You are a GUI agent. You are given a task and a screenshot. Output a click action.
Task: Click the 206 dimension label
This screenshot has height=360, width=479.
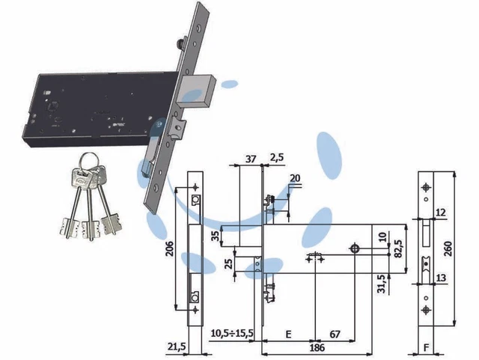pos(170,248)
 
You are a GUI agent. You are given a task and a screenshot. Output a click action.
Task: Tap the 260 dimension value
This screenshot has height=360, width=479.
pos(448,248)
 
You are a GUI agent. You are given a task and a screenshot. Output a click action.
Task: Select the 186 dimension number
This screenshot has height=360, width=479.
pos(317,348)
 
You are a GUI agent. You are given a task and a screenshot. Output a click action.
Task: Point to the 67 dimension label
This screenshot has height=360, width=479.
pos(335,335)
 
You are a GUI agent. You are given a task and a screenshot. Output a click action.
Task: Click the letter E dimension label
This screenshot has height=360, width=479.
pos(288,335)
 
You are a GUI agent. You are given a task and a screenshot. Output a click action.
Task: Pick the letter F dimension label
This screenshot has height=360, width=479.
pos(427,348)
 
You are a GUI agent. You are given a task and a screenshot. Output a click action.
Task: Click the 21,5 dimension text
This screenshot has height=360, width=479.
pos(177,347)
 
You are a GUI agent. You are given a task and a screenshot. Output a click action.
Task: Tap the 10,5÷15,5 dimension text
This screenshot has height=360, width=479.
pos(232,333)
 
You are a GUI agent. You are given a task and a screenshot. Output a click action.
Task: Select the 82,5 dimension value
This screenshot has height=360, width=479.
pos(399,249)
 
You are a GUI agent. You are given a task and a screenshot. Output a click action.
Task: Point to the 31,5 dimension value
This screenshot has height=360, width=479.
pos(382,284)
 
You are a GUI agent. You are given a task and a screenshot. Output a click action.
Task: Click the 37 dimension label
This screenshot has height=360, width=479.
pos(251,159)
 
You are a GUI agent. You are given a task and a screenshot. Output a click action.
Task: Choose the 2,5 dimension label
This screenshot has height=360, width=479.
pos(277,158)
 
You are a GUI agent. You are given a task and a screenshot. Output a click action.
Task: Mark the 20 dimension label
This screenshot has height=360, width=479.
pos(295,178)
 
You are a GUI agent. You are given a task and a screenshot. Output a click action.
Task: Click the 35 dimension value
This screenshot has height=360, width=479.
pos(216,236)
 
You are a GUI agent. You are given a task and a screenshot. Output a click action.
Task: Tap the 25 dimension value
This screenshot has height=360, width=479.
pos(229,263)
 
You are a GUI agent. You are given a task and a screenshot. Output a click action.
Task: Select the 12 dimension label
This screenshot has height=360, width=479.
pos(440,213)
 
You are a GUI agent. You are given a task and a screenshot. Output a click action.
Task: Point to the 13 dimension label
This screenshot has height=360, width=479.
pos(441,278)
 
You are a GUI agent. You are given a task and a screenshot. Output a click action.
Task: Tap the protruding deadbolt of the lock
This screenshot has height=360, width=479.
pos(196,91)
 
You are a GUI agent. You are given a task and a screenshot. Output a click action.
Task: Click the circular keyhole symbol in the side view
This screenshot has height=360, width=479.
pos(355,248)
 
